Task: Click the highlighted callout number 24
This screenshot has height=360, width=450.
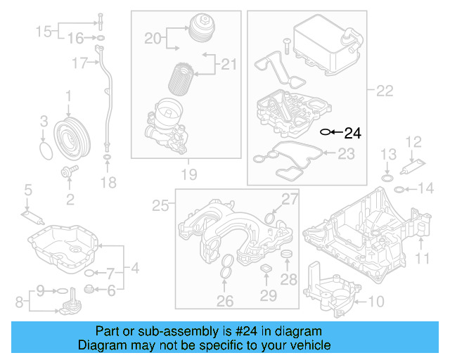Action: tap(352, 132)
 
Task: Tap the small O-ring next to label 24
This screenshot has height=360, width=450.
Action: tap(326, 131)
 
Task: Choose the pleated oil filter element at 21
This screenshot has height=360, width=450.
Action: tap(184, 75)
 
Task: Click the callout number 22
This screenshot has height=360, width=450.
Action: tap(384, 90)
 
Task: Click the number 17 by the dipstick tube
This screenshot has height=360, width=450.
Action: tap(79, 63)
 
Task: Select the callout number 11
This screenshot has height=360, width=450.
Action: tap(421, 259)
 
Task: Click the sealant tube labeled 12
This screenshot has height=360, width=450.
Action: tap(411, 167)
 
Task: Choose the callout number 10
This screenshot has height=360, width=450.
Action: tap(376, 302)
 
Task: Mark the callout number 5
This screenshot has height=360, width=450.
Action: tap(28, 189)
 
